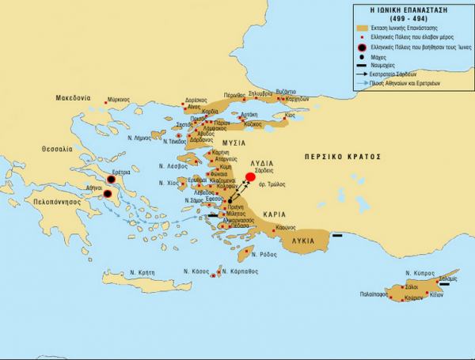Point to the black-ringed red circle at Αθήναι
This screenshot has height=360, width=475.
coord(108,193)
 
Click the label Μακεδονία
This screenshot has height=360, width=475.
coord(74,99)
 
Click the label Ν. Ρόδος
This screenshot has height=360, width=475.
coord(264,254)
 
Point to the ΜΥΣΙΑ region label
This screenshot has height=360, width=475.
coord(230,143)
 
